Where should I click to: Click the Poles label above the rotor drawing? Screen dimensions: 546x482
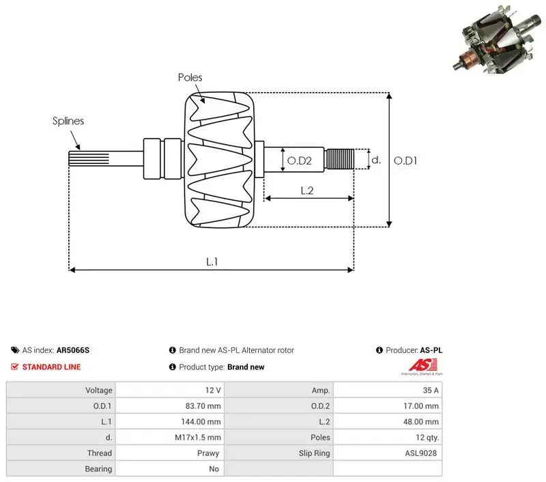pos(190,77)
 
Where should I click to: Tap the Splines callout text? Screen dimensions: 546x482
pos(68,121)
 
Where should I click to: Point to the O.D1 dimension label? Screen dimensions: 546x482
pos(405,160)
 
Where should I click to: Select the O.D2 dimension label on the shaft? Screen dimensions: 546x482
pos(300,160)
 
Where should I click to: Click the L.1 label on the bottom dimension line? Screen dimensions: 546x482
pos(212,261)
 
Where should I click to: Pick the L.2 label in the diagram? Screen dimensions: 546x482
pos(307,190)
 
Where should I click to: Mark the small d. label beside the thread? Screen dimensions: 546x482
pos(376,160)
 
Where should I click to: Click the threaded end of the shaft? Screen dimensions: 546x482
pos(339,159)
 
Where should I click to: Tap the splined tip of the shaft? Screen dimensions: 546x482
pos(89,158)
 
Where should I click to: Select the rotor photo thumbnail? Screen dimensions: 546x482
pos(498,39)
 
